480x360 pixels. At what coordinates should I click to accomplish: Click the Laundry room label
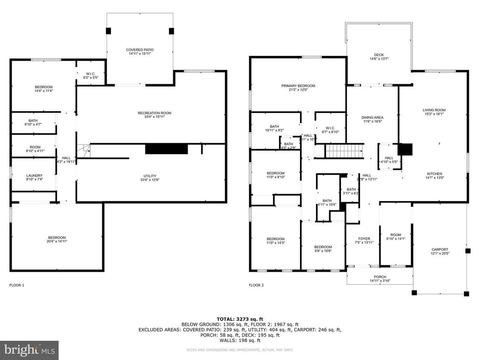click(34, 178)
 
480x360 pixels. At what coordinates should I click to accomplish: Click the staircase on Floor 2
click(344, 151)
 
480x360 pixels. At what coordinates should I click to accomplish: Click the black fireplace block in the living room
click(405, 149)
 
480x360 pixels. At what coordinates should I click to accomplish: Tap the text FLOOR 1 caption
click(17, 285)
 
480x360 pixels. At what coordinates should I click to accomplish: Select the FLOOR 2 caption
click(257, 285)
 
